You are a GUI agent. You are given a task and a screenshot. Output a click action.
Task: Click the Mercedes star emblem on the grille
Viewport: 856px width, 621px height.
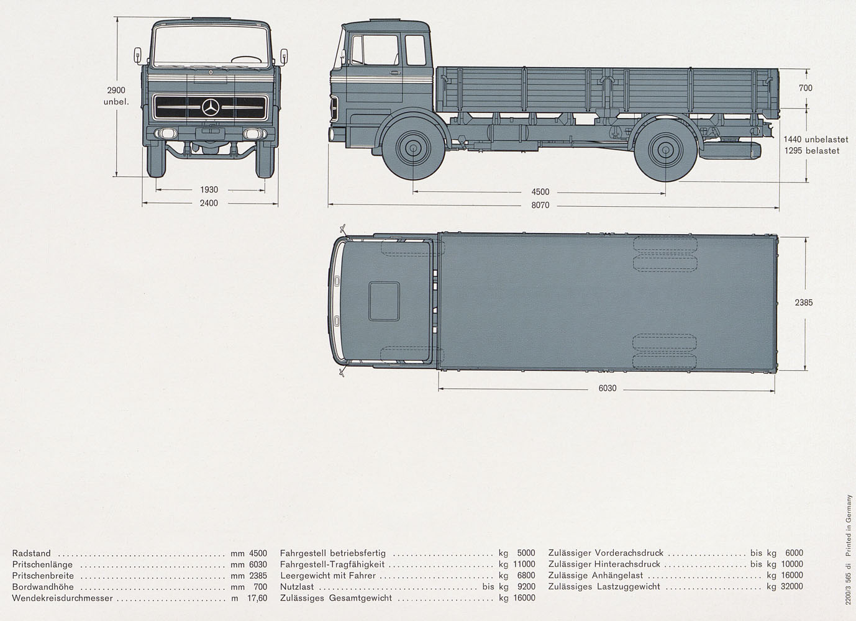211,107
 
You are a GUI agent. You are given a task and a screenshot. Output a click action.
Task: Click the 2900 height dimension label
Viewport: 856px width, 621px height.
116,91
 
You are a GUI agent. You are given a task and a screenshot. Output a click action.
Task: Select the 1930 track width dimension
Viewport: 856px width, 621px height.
209,190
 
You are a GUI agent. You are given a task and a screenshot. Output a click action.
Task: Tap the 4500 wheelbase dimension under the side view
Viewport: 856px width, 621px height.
540,192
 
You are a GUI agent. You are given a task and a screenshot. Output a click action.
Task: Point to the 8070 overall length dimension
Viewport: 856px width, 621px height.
540,205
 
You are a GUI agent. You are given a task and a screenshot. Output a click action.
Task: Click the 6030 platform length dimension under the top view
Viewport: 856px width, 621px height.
608,388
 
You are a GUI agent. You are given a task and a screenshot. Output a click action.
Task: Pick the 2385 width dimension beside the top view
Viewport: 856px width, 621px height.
804,302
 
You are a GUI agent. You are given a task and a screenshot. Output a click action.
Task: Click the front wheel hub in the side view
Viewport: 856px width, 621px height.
413,148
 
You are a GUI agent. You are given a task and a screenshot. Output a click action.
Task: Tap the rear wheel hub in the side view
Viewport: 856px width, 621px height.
665,149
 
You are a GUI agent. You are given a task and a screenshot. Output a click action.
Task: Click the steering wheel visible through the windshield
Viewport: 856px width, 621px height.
247,60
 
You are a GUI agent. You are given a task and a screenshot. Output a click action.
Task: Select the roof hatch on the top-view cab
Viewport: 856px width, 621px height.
384,301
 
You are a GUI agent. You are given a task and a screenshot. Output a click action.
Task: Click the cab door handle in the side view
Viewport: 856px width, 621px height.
396,72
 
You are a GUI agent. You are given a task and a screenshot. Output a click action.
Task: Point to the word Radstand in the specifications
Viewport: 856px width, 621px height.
31,553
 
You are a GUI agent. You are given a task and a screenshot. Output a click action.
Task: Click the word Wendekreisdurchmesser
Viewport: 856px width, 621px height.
62,598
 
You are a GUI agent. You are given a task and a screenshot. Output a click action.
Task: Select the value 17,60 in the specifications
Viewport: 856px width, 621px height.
257,598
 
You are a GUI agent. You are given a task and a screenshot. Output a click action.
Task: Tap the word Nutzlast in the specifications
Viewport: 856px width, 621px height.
297,587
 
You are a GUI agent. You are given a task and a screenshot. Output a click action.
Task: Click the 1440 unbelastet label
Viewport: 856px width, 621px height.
816,139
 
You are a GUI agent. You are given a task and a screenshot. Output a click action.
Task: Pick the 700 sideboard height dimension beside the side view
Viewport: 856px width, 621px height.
806,88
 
